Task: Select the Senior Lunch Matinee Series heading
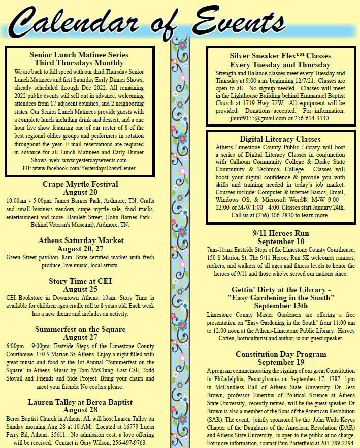79,54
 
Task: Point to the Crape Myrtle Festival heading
80,184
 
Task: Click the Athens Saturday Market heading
80,240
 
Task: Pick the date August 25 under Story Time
80,289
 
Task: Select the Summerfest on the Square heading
80,329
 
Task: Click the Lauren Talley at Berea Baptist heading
80,402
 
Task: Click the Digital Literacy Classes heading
280,139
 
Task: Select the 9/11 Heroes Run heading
281,234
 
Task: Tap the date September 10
281,242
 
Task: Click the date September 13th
281,306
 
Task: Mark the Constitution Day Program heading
281,354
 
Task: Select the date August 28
80,410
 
